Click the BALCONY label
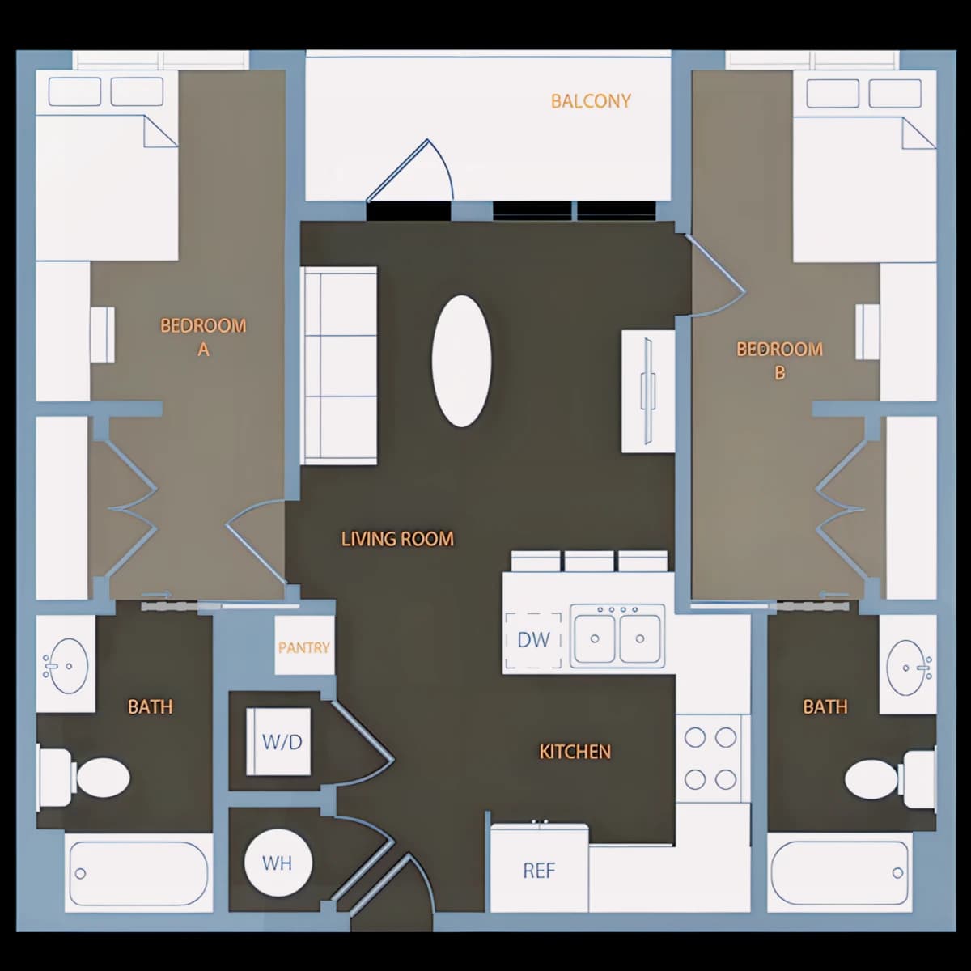591,101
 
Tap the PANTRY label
304,647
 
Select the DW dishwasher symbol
533,640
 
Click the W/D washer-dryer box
278,742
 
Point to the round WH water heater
278,863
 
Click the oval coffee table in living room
461,361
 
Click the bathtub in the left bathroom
138,874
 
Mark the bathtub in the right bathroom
840,874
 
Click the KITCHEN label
575,752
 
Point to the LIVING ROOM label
397,539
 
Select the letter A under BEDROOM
203,350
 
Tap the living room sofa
338,366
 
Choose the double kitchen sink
617,636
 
